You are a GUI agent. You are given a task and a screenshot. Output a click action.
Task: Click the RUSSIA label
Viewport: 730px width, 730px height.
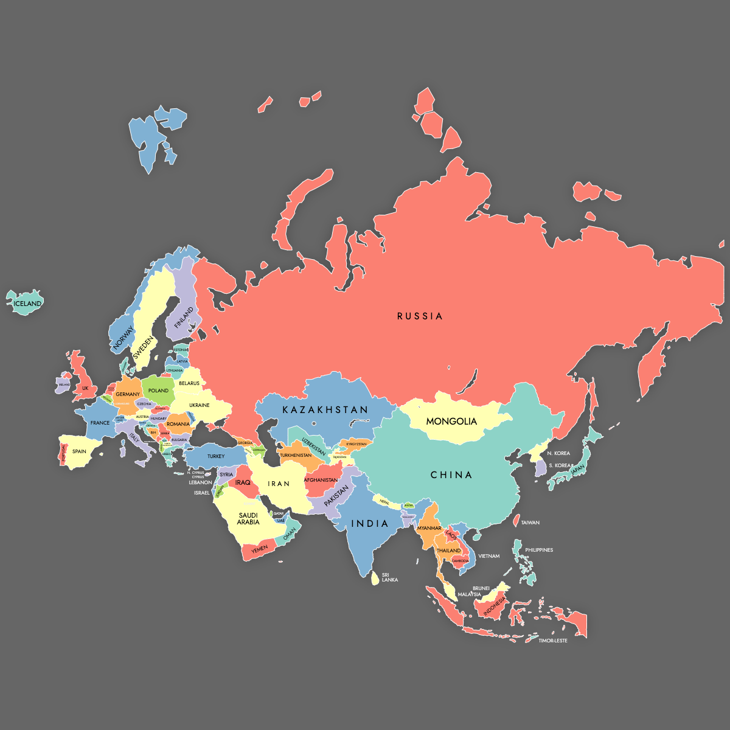(420, 316)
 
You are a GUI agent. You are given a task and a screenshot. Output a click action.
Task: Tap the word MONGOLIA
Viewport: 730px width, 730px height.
(451, 422)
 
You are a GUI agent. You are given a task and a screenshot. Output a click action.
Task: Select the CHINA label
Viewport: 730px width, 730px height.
(451, 475)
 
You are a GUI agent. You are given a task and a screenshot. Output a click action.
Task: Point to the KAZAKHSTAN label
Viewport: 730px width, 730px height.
(325, 410)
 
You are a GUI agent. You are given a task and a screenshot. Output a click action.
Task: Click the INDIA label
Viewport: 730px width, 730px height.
(370, 524)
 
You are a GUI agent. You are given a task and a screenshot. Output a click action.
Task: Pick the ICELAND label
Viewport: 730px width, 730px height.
(28, 304)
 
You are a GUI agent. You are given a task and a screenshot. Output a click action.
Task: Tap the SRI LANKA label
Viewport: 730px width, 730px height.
(389, 577)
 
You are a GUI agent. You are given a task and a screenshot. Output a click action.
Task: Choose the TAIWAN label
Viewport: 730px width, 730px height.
(530, 523)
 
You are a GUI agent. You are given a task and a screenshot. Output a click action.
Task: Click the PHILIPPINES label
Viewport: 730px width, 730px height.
(539, 550)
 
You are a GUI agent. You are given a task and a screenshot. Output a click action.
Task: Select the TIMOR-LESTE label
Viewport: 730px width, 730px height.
(552, 641)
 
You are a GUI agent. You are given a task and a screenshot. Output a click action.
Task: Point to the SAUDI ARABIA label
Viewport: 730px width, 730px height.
(248, 519)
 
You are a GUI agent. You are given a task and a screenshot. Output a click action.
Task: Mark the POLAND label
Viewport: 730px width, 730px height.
(158, 391)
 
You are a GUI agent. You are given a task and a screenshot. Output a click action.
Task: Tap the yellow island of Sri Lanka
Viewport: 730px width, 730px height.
(375, 578)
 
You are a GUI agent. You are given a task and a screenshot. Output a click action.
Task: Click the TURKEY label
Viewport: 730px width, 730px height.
(216, 456)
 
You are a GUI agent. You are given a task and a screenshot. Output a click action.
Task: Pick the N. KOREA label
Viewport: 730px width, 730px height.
(558, 453)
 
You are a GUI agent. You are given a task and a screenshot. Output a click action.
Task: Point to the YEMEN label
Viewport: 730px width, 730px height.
(260, 549)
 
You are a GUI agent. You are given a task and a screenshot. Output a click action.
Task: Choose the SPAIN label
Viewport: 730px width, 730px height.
(79, 451)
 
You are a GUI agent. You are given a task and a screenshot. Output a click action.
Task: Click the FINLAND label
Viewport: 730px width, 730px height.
(184, 318)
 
